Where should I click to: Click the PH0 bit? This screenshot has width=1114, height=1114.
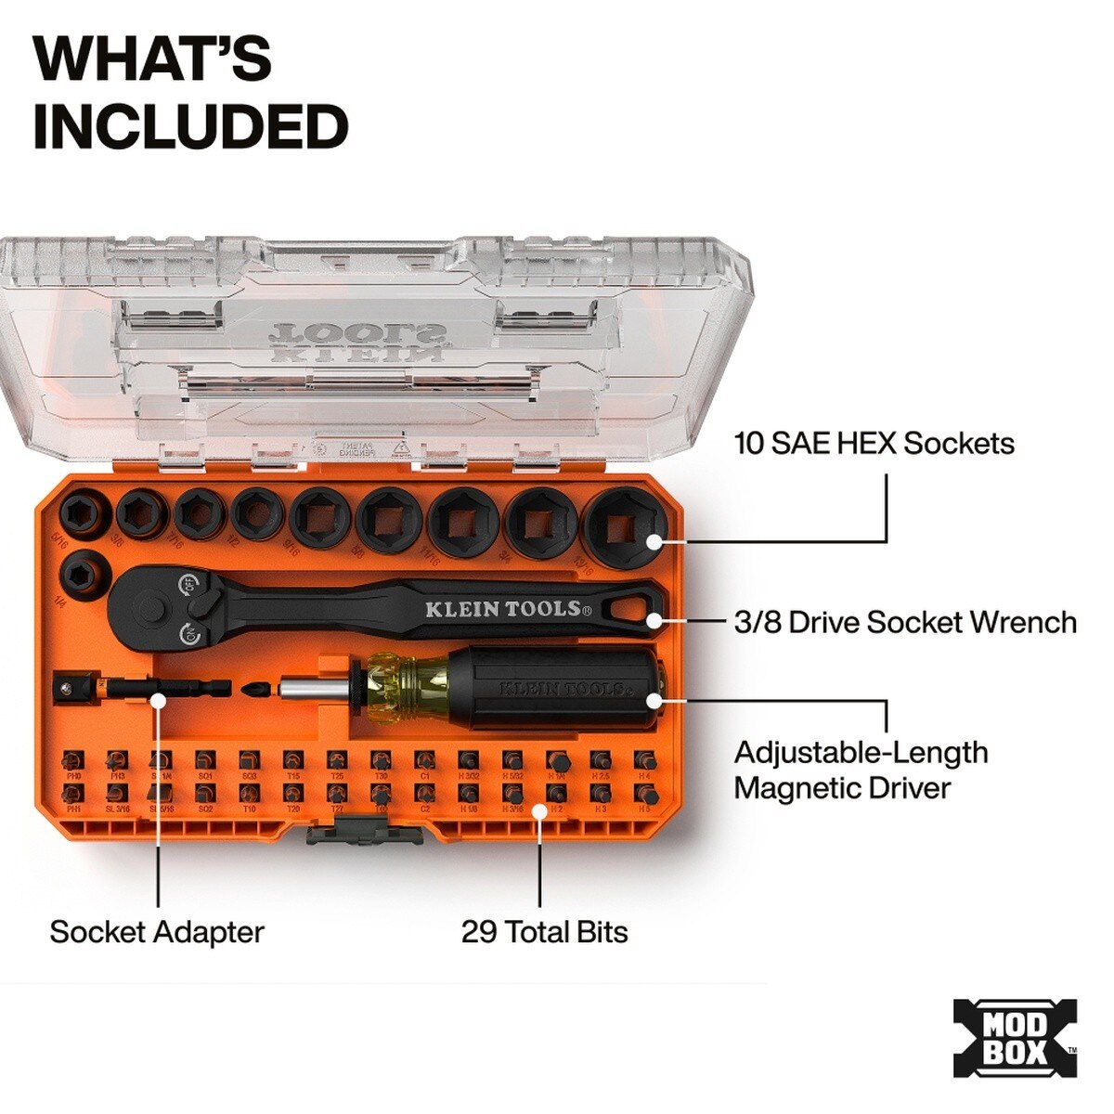[74, 761]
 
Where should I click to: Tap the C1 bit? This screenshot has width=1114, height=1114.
[424, 761]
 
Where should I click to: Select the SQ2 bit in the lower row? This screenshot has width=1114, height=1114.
[205, 795]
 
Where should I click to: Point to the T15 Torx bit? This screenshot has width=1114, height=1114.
[292, 761]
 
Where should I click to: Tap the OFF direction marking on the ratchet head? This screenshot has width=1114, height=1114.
[188, 586]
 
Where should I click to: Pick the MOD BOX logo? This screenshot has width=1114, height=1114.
[1015, 1039]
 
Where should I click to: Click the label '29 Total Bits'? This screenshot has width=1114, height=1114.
[544, 932]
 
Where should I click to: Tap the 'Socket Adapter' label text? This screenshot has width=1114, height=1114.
[157, 932]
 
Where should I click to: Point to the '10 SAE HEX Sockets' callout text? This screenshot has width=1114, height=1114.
[874, 443]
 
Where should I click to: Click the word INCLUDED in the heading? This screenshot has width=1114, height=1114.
[190, 127]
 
